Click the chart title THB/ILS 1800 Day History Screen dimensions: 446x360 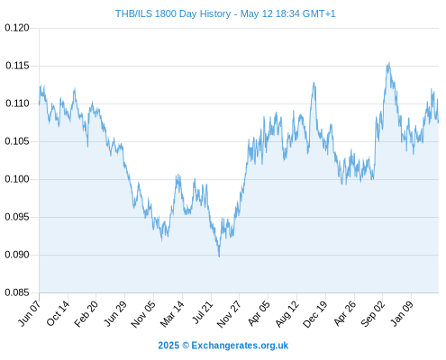[173, 13]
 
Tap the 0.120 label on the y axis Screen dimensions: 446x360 [17, 28]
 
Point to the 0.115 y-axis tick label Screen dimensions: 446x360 [17, 66]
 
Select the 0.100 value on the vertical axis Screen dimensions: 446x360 [17, 179]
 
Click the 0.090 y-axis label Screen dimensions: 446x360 [17, 255]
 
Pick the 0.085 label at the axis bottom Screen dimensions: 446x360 [17, 292]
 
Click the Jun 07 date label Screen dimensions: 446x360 [30, 313]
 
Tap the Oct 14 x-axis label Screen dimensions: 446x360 [58, 313]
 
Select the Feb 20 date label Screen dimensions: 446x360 [86, 313]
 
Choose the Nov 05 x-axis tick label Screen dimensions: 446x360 [143, 314]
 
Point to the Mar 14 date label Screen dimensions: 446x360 [172, 313]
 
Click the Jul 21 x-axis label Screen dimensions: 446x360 [202, 312]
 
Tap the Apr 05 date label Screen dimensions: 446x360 [259, 313]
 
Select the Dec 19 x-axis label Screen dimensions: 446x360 [315, 314]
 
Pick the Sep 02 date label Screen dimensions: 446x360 [372, 314]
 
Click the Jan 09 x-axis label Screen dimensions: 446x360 [402, 313]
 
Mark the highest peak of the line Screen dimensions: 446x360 [389, 63]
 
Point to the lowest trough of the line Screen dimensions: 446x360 [219, 256]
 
